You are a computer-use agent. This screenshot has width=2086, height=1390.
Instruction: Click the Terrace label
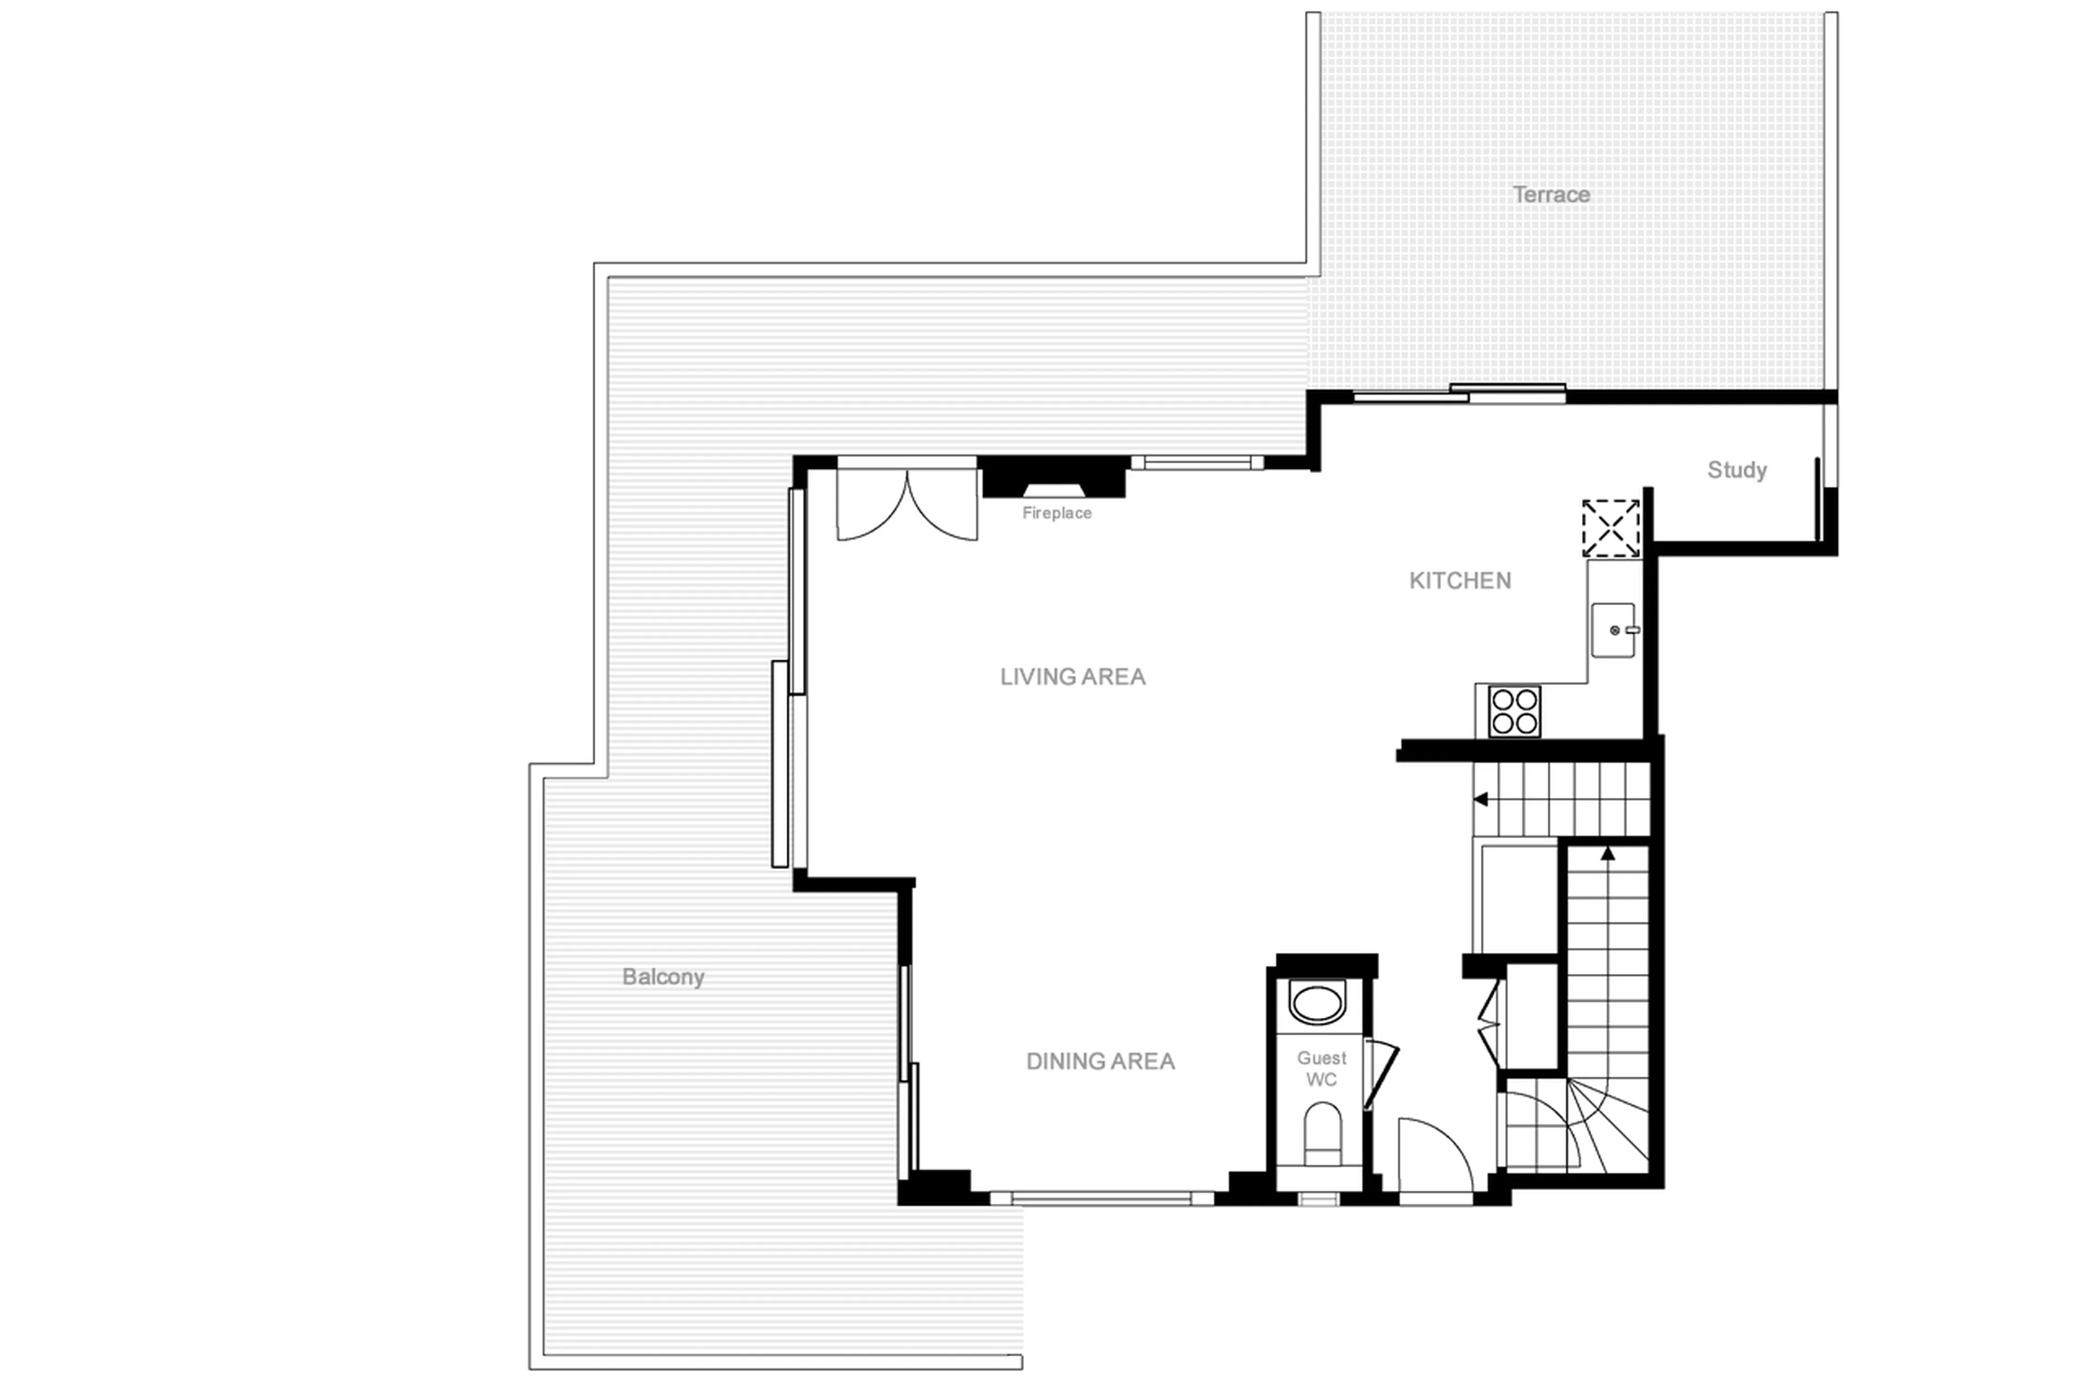1550,194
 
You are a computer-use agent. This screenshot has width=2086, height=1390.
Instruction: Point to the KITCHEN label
1459,581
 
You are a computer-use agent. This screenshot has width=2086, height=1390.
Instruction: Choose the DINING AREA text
1099,1061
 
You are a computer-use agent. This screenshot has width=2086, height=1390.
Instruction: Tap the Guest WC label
1321,1068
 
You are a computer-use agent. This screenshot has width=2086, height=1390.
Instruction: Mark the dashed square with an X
1610,529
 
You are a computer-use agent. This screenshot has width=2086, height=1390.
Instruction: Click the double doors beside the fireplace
906,505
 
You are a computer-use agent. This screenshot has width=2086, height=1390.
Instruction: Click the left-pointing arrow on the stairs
1480,800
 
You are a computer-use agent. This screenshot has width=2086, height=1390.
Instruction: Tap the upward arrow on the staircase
1607,854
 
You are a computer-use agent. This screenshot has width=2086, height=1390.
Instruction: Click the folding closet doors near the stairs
1490,1023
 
